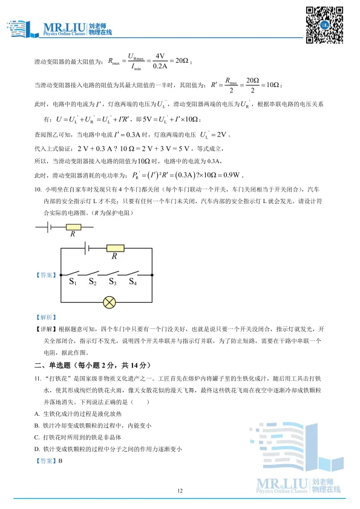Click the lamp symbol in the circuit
(110, 300)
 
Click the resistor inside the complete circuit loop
(114, 247)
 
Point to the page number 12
(180, 490)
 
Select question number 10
(38, 189)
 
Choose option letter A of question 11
(37, 413)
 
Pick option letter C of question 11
(37, 436)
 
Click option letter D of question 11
(37, 448)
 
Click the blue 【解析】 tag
(45, 317)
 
